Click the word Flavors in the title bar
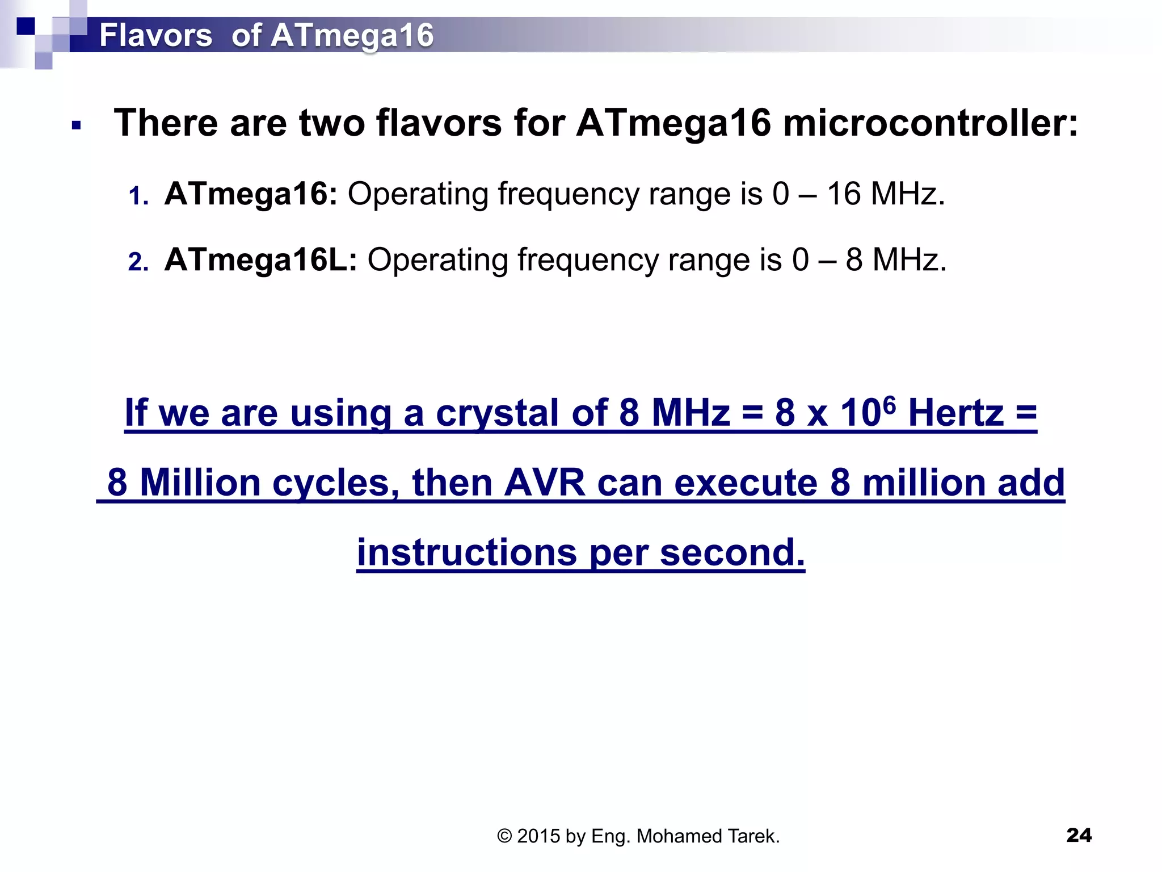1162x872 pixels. tap(155, 35)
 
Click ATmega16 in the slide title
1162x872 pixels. tap(352, 35)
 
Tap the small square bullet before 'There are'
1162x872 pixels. tap(77, 125)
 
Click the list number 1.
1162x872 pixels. tap(138, 196)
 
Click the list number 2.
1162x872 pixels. tap(138, 262)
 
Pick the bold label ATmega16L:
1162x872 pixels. tap(260, 260)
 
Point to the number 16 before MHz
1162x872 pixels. tap(844, 194)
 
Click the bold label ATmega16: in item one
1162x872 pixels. tap(250, 194)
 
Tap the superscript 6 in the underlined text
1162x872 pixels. tap(889, 405)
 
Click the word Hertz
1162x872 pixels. tap(955, 413)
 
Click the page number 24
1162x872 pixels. tap(1079, 835)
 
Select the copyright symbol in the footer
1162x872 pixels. tap(504, 836)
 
